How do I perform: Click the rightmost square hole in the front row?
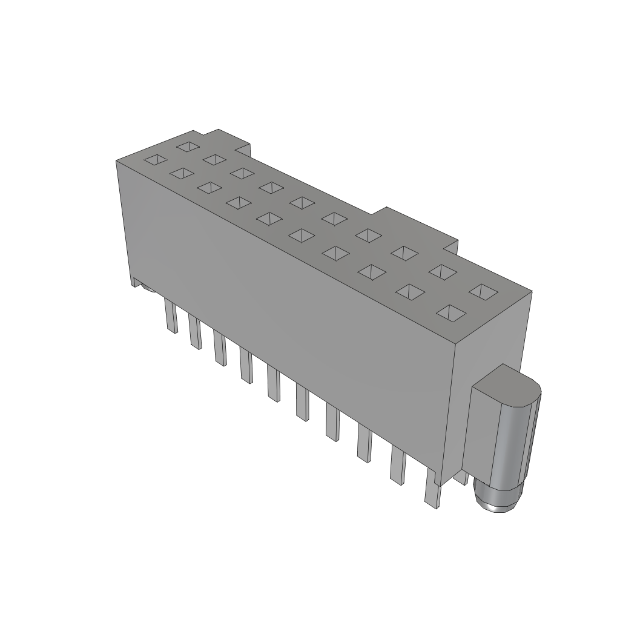click(450, 313)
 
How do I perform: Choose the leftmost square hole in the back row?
click(187, 146)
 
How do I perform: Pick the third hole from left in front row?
click(208, 187)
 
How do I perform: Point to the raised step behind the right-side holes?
click(418, 227)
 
